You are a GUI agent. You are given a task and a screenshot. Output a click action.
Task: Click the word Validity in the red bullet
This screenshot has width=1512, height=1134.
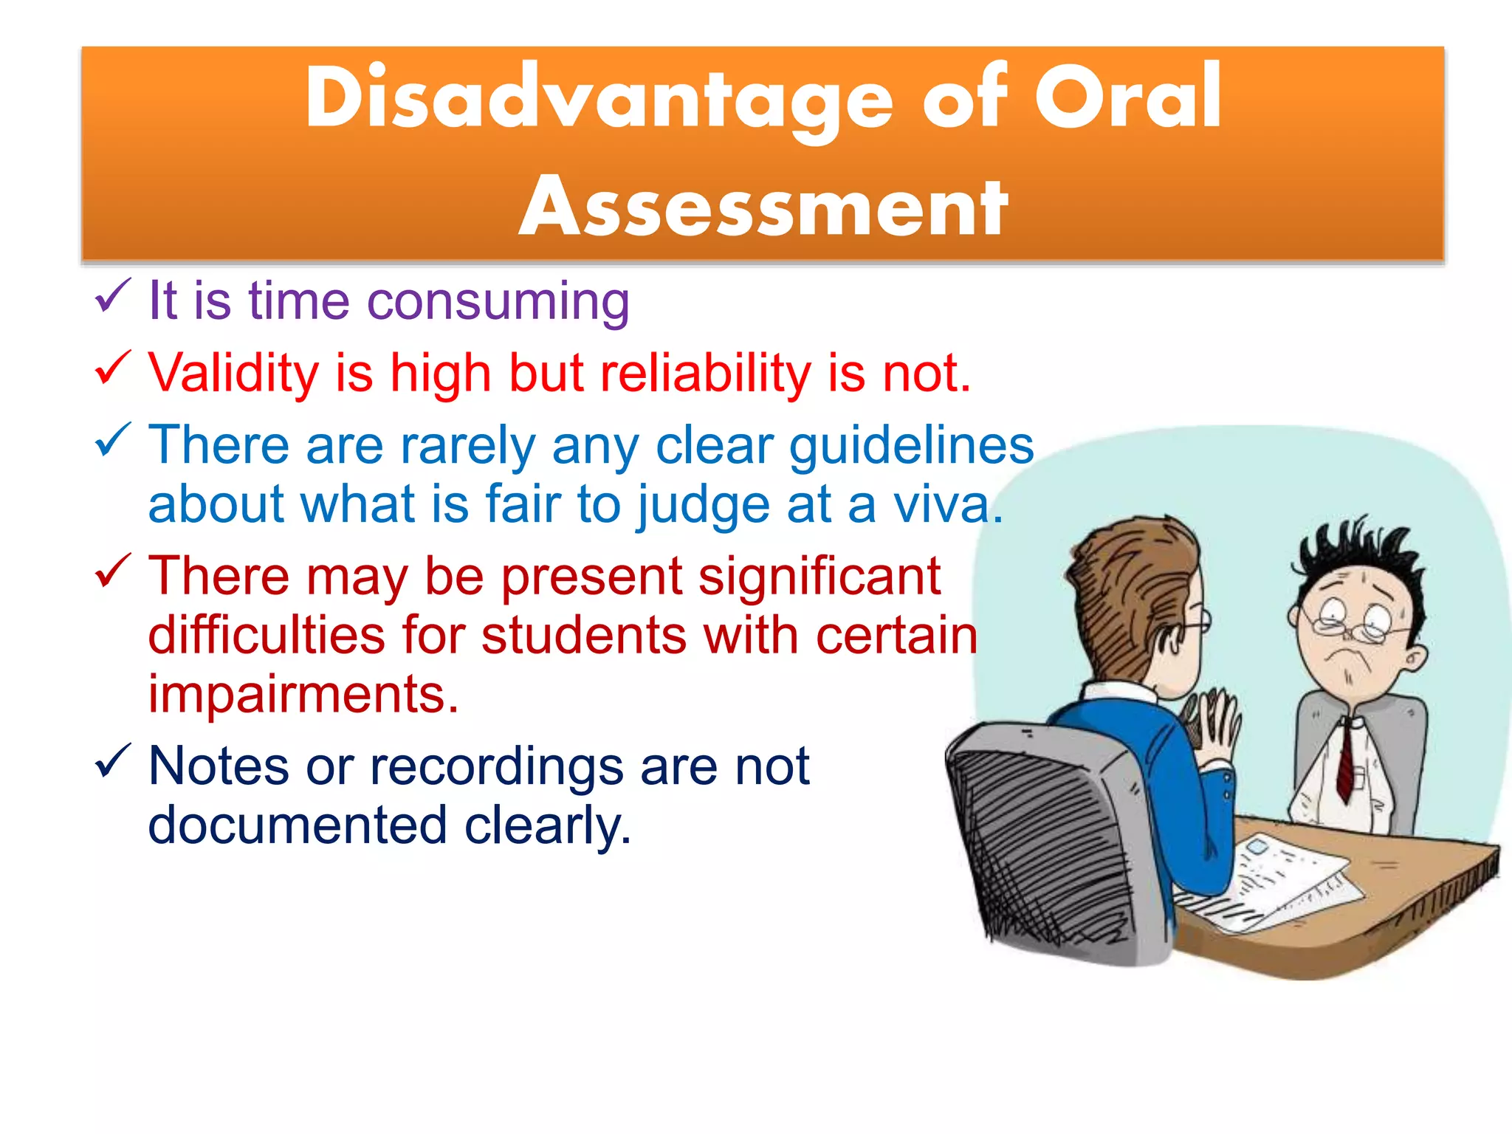(x=233, y=373)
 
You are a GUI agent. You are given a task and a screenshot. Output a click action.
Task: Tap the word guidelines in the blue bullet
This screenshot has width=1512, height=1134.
(x=911, y=447)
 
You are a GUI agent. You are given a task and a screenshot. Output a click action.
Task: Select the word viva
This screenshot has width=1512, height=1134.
(x=948, y=505)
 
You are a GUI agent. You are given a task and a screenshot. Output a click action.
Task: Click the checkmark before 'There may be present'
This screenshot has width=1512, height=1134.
(x=113, y=571)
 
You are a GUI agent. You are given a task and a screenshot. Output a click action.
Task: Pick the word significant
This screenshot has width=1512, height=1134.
(x=819, y=577)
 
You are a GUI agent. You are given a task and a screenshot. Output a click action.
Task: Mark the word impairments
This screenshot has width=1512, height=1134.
(x=303, y=695)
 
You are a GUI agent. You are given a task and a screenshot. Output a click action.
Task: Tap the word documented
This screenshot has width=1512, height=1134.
(x=298, y=825)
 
